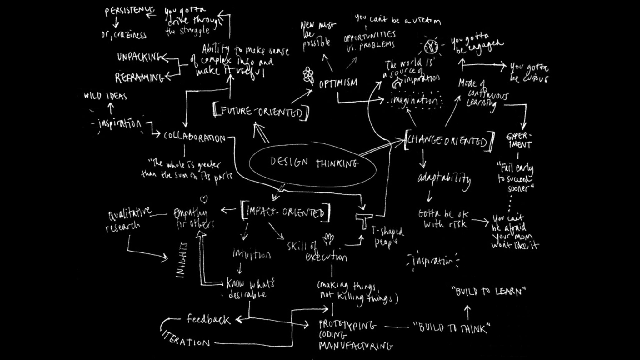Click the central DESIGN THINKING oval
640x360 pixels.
click(312, 163)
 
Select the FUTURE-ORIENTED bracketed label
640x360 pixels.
click(261, 112)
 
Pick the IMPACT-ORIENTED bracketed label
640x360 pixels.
click(285, 212)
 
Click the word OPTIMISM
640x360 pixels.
click(338, 83)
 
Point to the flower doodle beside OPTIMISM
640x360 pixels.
click(308, 75)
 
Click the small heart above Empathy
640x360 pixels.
click(203, 198)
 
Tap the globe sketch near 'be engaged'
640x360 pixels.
click(431, 46)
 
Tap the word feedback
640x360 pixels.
click(208, 319)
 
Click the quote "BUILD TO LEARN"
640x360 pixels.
click(489, 292)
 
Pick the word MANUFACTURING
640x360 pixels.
click(356, 346)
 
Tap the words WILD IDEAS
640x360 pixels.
click(105, 96)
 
